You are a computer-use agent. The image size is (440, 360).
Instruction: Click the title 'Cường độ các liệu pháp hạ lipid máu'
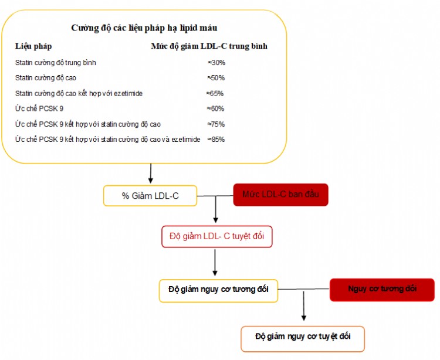[144, 28]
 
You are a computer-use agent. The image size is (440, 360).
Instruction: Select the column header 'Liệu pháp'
[33, 46]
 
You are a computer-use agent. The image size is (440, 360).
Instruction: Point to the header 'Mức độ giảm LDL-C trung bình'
[209, 46]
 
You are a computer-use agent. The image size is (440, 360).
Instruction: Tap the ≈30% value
[216, 63]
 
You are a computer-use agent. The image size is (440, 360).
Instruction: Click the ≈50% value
[216, 77]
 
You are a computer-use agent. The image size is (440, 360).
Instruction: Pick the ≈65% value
[215, 93]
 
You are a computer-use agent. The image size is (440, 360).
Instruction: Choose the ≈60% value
[215, 108]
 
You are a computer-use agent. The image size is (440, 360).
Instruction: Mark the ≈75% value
[216, 124]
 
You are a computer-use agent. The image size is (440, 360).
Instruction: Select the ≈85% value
[216, 140]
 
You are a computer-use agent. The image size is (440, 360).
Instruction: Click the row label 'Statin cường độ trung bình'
[56, 63]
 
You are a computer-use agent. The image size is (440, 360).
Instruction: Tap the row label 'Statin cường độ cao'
[46, 78]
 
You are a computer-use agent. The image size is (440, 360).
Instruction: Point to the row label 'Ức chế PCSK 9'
[39, 108]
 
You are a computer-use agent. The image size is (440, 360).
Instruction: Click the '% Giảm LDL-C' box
[150, 196]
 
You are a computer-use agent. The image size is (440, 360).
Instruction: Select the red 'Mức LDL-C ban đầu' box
[280, 195]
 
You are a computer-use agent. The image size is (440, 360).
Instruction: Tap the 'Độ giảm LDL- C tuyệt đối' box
[217, 236]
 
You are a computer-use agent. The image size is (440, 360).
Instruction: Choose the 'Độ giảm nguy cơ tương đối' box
[218, 290]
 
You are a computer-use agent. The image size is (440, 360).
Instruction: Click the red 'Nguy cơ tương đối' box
[382, 290]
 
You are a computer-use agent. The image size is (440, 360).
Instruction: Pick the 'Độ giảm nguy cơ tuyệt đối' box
[303, 339]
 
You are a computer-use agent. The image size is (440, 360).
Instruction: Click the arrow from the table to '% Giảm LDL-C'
[151, 174]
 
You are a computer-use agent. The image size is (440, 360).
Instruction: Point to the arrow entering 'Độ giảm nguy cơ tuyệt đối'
[304, 306]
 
